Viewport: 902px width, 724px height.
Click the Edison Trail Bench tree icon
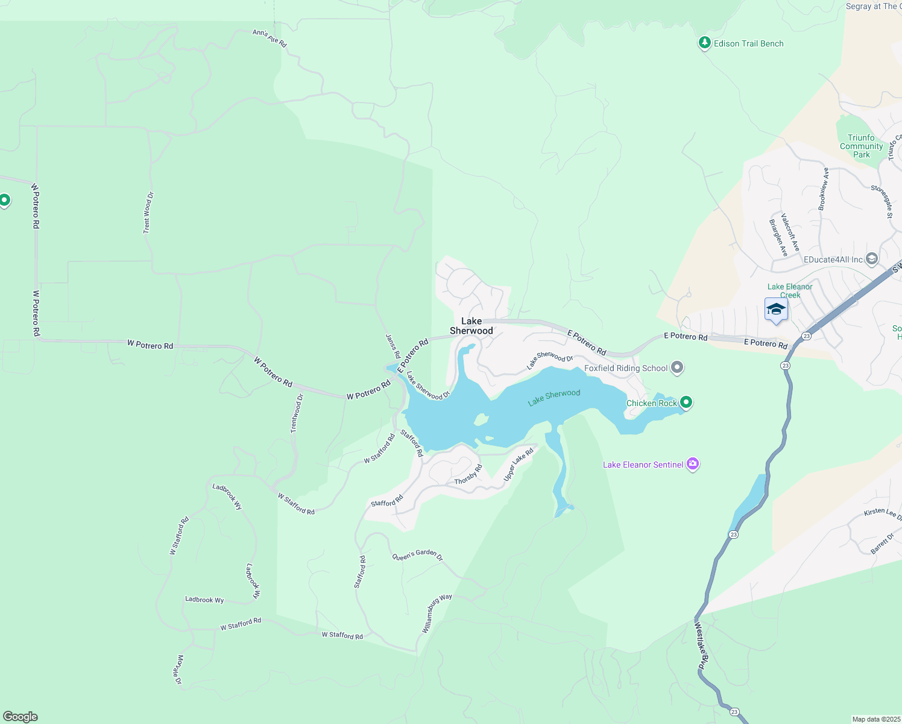coord(704,43)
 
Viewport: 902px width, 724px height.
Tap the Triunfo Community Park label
coord(861,146)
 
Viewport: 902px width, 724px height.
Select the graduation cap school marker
coord(775,310)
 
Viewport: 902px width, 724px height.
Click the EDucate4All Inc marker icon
coord(871,259)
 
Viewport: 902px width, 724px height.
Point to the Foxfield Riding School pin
coord(677,367)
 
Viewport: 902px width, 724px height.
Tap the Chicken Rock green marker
coord(686,402)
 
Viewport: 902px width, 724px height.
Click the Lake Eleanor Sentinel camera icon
coord(693,464)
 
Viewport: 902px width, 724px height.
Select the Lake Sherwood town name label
coord(471,326)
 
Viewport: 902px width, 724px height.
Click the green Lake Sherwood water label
coord(554,397)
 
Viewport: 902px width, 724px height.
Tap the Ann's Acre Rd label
coord(270,39)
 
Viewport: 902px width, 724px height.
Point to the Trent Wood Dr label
coord(148,212)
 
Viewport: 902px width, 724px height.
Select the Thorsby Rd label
coord(468,474)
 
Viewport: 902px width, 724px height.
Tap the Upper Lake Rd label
coord(519,465)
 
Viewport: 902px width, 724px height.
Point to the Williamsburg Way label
coord(437,613)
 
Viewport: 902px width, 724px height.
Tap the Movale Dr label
coord(179,669)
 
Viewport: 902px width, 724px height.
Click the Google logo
coord(20,717)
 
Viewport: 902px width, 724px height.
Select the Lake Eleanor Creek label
coord(790,291)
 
